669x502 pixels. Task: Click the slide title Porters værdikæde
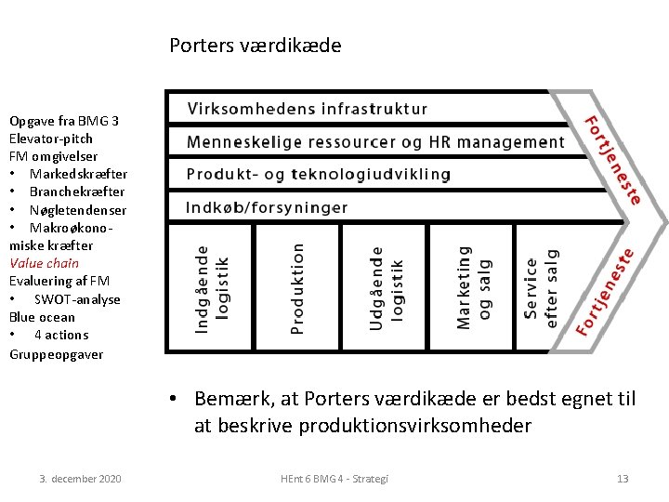[256, 45]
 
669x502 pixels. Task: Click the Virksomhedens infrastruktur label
[308, 109]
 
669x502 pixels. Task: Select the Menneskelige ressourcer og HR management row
[375, 142]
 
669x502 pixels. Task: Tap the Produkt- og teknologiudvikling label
[319, 175]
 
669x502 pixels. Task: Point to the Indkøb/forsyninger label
[267, 207]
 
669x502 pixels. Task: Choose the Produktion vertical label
[296, 288]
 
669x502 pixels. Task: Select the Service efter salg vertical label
[541, 288]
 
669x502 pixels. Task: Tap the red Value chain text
[45, 263]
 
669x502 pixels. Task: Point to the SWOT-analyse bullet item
[77, 299]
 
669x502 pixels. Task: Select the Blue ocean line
[43, 317]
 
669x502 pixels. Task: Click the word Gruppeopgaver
[56, 354]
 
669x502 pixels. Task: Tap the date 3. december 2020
[80, 478]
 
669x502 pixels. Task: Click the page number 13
[623, 478]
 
